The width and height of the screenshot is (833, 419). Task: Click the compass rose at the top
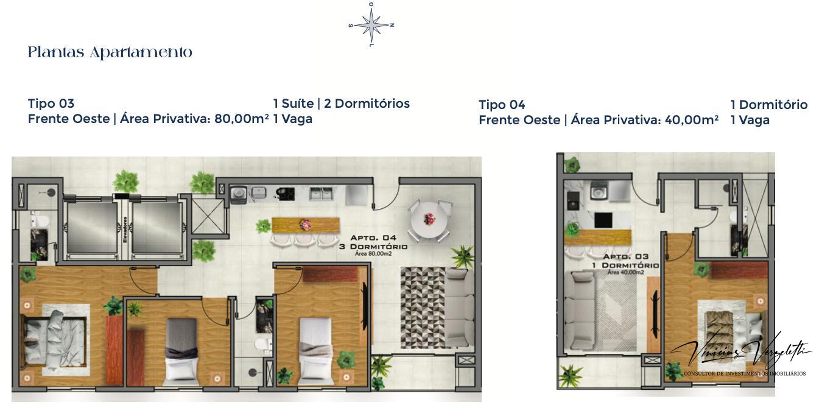click(x=371, y=25)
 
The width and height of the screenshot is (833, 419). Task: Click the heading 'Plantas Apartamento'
click(x=110, y=53)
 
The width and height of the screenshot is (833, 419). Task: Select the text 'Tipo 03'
click(x=51, y=104)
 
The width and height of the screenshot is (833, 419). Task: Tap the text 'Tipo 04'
click(x=502, y=105)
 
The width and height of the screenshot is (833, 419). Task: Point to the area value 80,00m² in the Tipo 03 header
click(x=241, y=119)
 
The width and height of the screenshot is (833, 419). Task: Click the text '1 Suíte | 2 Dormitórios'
click(x=342, y=104)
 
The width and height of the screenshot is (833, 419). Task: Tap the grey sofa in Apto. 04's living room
click(x=459, y=308)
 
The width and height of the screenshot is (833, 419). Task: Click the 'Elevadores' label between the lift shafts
click(x=124, y=229)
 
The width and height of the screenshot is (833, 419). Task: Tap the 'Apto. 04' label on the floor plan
click(x=373, y=238)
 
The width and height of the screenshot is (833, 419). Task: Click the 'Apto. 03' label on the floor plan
click(x=625, y=257)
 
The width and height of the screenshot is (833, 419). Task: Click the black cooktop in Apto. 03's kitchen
click(x=603, y=219)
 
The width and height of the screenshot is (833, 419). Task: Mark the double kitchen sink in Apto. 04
click(x=320, y=193)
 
